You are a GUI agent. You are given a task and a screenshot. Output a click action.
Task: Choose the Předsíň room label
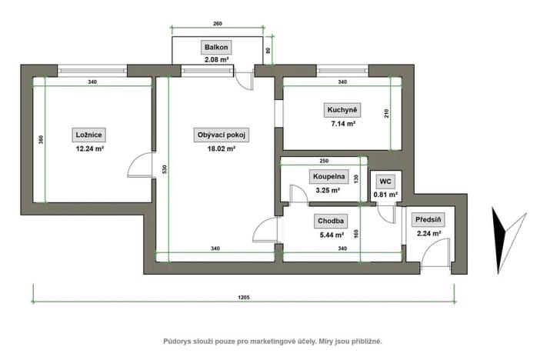(427, 219)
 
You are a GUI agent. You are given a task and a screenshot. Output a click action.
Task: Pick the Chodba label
(332, 220)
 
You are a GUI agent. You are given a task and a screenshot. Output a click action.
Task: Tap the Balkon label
(215, 47)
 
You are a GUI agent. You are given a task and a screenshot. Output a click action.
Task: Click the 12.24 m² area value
(89, 149)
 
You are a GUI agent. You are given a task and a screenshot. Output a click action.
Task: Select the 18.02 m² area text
(222, 149)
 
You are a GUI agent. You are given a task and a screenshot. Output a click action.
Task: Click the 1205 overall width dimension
(243, 296)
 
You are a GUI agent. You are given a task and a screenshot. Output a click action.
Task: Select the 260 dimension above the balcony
(218, 24)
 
